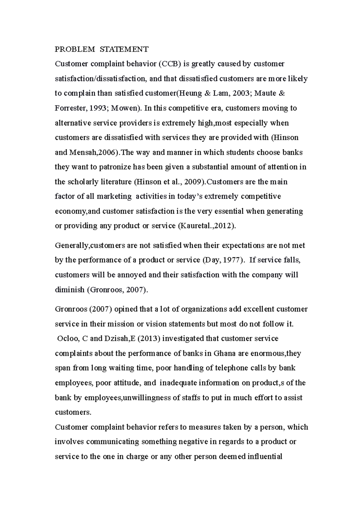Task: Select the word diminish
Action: pyautogui.click(x=70, y=290)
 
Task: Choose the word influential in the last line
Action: pyautogui.click(x=265, y=457)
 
